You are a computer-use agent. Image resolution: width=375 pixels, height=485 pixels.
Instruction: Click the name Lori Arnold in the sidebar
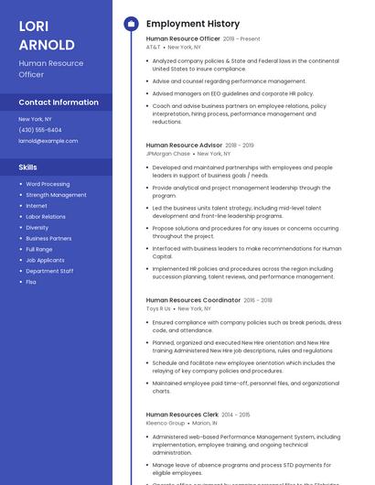click(47, 36)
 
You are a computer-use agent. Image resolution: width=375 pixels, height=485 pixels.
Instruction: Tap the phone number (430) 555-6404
click(40, 130)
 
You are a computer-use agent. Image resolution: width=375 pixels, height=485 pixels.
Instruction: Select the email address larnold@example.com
click(48, 141)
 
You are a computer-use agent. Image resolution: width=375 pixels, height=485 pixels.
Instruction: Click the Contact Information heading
click(59, 102)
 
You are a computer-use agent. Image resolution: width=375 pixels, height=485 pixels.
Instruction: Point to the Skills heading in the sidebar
click(28, 167)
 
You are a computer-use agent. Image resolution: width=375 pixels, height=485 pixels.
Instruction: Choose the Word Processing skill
click(48, 184)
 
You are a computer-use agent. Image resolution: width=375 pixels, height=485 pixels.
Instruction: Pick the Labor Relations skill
click(46, 217)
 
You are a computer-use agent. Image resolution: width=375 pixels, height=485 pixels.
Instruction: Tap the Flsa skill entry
click(31, 282)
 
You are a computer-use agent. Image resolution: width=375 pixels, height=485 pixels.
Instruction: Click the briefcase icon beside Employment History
click(130, 24)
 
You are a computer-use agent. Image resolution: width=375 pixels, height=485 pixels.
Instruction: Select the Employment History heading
click(193, 24)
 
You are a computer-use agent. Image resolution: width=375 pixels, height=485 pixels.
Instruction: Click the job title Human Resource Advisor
click(184, 145)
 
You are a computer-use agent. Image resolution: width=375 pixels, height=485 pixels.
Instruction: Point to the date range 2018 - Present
click(241, 39)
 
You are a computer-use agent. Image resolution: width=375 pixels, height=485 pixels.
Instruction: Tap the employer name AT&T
click(153, 47)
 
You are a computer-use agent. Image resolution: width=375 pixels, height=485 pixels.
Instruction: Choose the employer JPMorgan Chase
click(168, 154)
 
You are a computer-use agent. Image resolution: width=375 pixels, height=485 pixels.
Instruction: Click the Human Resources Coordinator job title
click(193, 300)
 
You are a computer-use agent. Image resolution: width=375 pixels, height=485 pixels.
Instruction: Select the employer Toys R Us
click(158, 308)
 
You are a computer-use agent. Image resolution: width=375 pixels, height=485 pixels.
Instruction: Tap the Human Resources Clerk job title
click(181, 415)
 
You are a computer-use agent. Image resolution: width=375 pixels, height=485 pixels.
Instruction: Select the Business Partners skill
click(48, 238)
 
